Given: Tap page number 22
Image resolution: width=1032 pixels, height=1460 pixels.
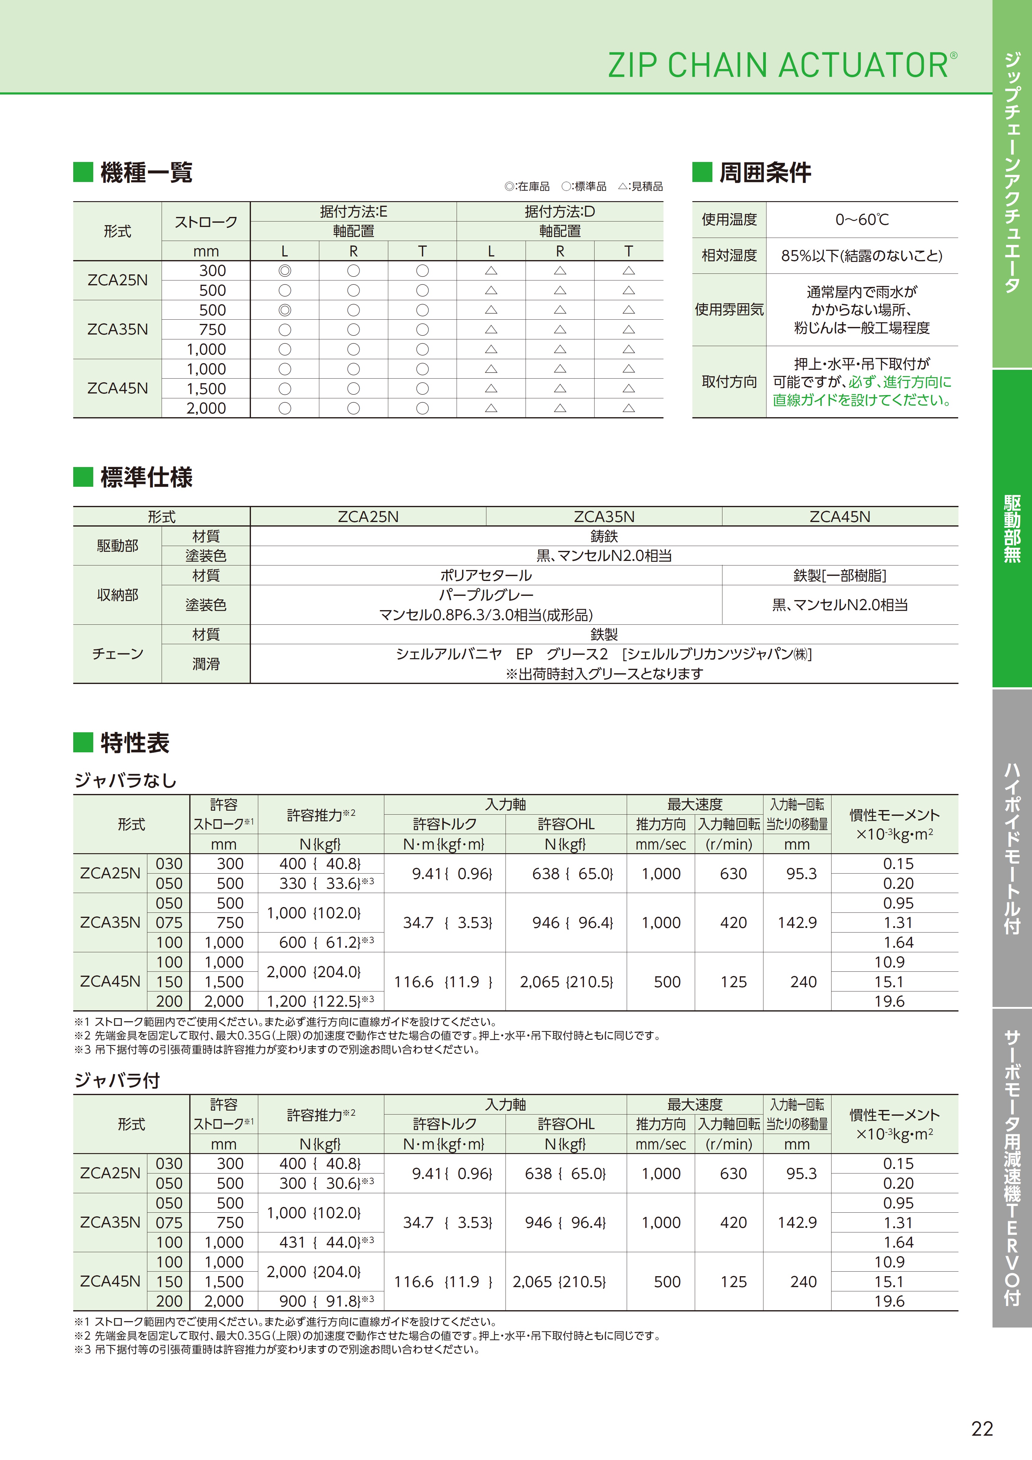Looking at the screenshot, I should [982, 1429].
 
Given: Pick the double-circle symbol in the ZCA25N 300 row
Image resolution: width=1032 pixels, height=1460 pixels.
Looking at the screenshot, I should [285, 271].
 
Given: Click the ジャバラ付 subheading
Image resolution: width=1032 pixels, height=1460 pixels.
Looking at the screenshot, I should [117, 1080].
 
